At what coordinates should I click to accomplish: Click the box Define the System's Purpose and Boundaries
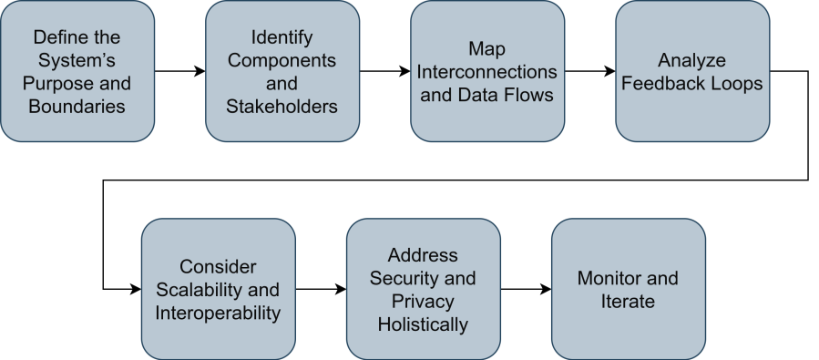(x=77, y=71)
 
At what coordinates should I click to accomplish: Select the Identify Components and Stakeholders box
(x=282, y=71)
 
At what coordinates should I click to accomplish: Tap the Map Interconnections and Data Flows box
(x=487, y=71)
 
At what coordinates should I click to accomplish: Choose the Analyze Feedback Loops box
(x=692, y=71)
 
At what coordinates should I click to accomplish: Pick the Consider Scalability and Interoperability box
(x=219, y=289)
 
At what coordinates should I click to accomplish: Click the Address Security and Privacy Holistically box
(x=424, y=289)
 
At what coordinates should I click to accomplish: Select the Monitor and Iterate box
(x=629, y=289)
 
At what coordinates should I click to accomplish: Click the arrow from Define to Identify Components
(x=179, y=71)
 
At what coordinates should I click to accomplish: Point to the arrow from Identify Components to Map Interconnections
(x=384, y=71)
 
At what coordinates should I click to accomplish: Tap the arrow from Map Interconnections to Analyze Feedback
(x=589, y=71)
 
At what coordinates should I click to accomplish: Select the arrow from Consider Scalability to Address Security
(x=321, y=289)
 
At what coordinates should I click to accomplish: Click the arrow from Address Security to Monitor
(x=526, y=289)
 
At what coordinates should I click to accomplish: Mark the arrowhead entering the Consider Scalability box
(x=136, y=289)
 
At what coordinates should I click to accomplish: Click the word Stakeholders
(x=282, y=107)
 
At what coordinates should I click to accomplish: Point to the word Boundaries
(x=77, y=107)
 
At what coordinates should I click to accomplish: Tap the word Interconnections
(x=487, y=71)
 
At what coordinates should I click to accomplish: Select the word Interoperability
(x=219, y=313)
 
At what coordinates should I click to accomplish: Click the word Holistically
(x=424, y=324)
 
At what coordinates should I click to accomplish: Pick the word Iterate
(x=629, y=301)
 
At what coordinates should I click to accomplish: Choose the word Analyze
(x=692, y=60)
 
